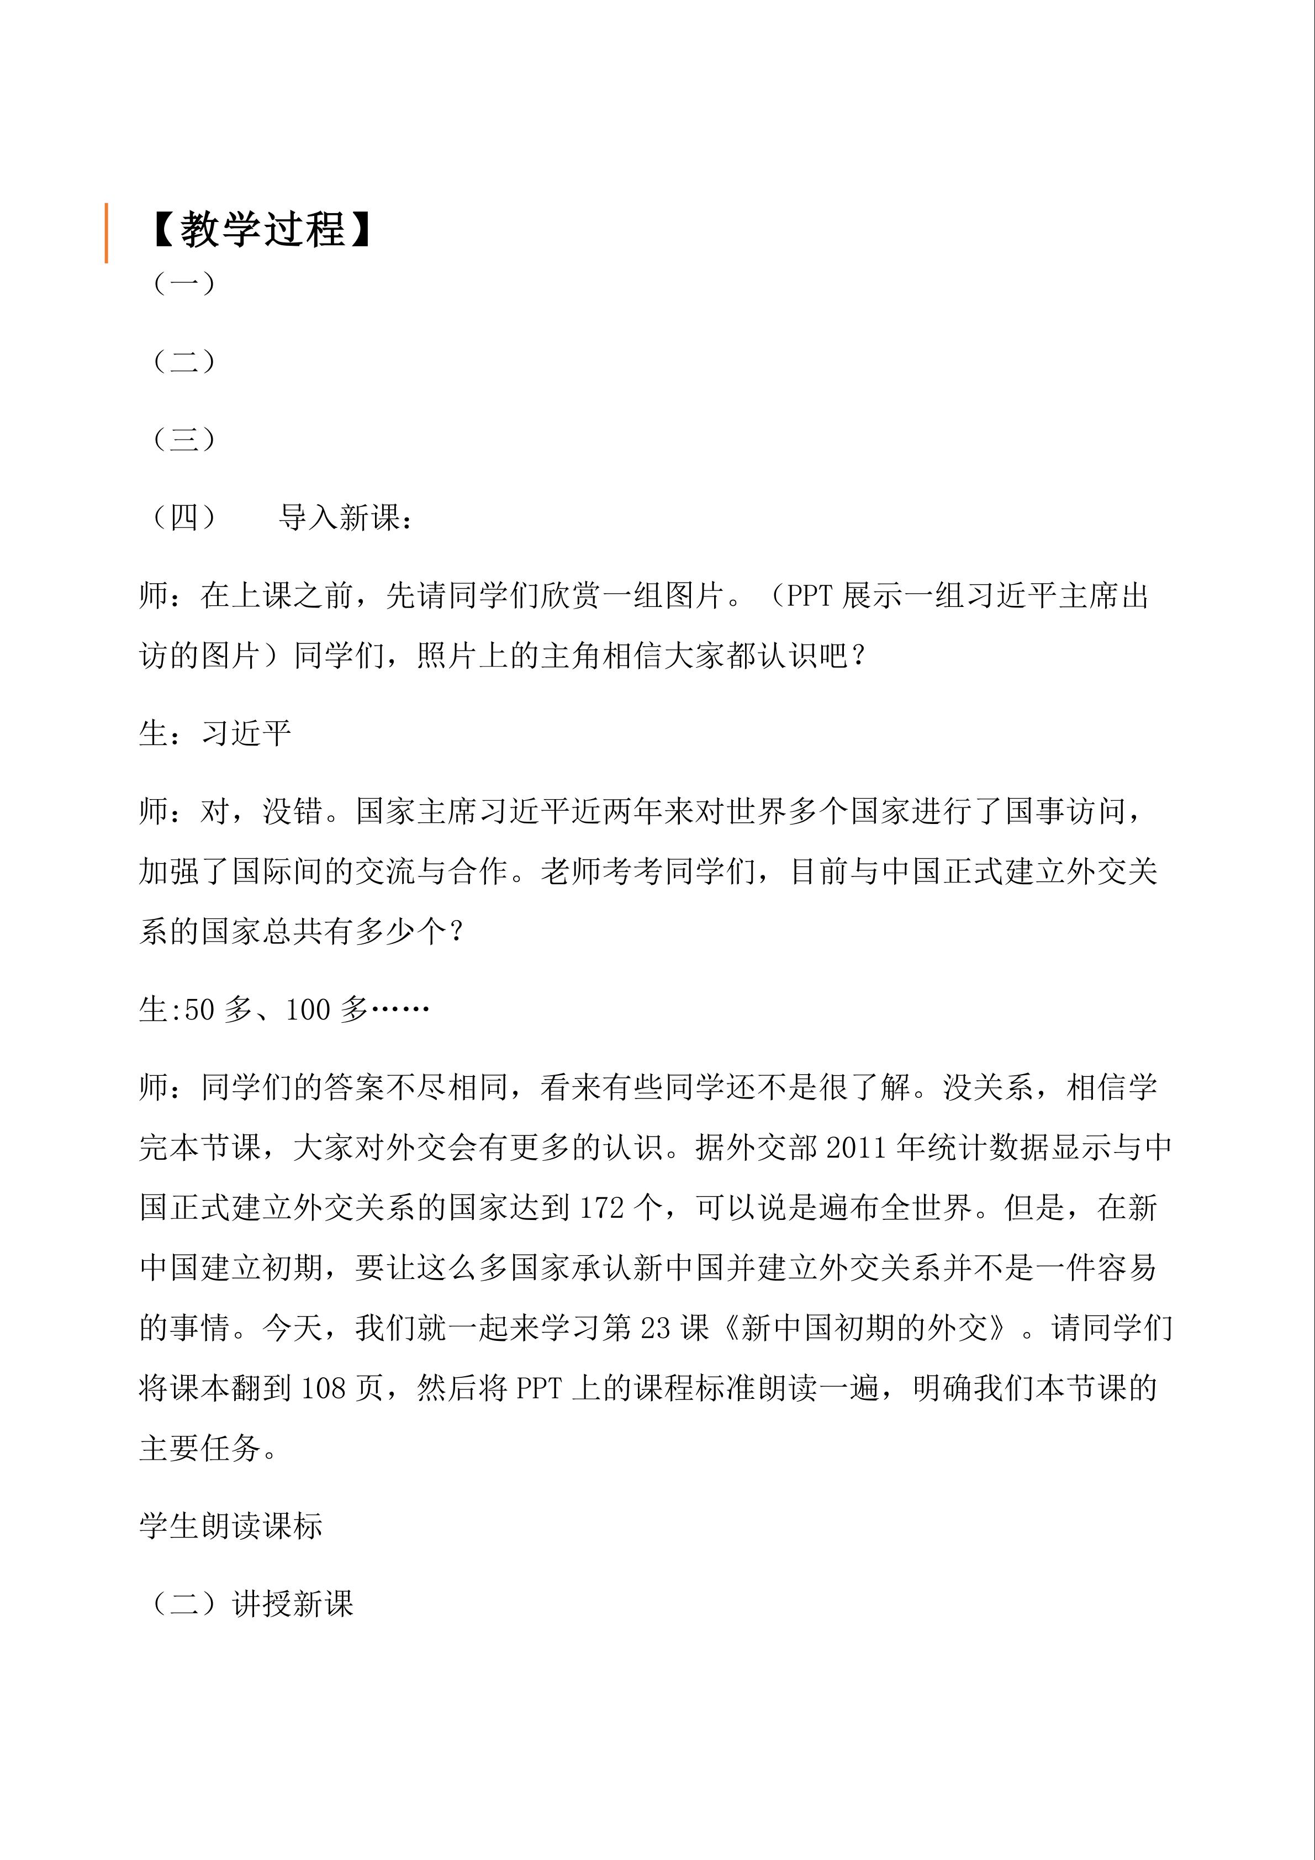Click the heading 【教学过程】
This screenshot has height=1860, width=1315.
click(x=261, y=230)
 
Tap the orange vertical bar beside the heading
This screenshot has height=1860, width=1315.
click(x=106, y=233)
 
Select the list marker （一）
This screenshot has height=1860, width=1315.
click(x=184, y=283)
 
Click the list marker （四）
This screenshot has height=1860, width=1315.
click(x=184, y=517)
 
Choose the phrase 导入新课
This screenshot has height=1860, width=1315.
click(x=339, y=517)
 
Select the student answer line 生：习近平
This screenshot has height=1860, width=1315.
click(x=215, y=734)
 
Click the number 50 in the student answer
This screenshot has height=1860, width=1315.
click(x=200, y=1010)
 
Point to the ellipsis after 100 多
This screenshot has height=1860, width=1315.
click(x=399, y=1010)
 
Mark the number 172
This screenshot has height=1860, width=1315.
click(x=601, y=1208)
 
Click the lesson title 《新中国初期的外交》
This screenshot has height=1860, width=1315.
click(x=865, y=1328)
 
